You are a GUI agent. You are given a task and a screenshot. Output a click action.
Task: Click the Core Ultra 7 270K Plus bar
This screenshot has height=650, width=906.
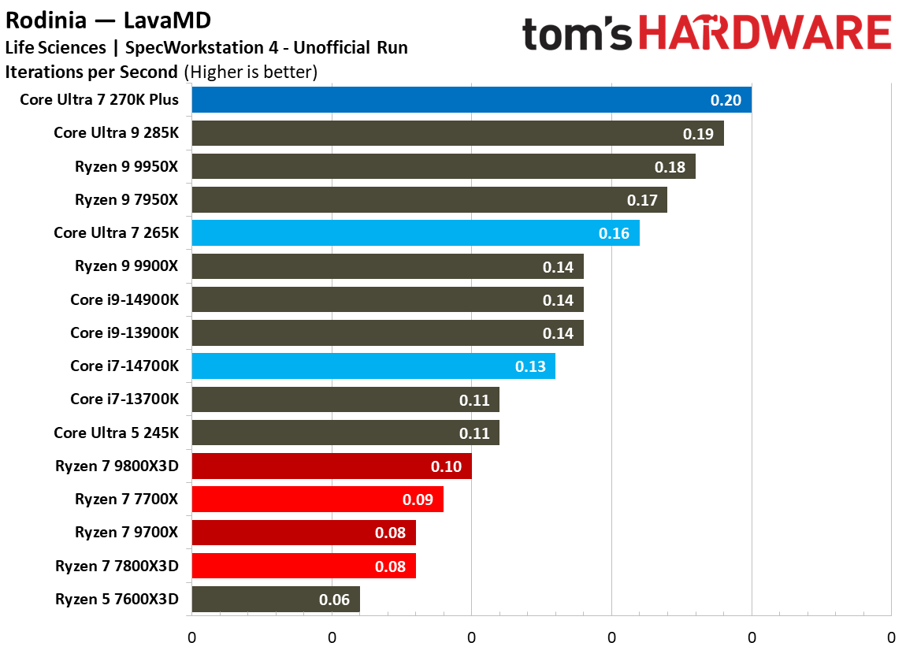coord(471,100)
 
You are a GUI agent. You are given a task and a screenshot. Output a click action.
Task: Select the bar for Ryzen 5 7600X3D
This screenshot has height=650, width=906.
coord(275,600)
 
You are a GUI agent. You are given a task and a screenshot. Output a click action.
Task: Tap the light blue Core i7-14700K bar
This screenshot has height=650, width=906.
coord(373,366)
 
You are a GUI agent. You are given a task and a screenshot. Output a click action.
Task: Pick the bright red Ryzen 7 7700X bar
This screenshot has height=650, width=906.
coord(317,500)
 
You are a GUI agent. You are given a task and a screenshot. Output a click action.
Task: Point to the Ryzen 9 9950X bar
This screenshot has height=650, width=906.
coord(443,167)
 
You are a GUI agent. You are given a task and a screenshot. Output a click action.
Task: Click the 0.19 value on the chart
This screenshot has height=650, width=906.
coord(698,134)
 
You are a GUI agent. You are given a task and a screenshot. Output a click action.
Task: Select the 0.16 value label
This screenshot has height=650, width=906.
coord(614,233)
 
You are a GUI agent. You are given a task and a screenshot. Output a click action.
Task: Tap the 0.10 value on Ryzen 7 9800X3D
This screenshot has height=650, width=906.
coord(446,466)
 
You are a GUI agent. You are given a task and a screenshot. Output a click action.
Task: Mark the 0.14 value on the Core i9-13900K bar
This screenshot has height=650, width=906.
coord(558,333)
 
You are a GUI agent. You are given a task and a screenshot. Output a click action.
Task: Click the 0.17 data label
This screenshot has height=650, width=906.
coord(642,200)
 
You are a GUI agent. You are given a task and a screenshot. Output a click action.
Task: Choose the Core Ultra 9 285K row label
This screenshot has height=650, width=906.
coord(116,133)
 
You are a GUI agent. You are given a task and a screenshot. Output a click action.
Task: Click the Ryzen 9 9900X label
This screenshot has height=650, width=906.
coord(126,266)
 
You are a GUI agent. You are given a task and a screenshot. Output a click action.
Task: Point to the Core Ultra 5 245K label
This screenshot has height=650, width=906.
coord(116,433)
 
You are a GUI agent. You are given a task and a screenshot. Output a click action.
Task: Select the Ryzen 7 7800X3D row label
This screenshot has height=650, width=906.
coord(117,566)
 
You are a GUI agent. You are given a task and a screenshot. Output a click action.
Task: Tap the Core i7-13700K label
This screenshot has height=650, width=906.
coord(124,399)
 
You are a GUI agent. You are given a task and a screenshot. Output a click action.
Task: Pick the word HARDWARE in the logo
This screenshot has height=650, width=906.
coord(765,35)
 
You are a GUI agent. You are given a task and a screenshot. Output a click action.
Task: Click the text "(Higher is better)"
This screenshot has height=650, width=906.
coord(251,72)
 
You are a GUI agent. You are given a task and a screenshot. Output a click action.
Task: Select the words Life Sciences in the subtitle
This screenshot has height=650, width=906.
coord(55,47)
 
